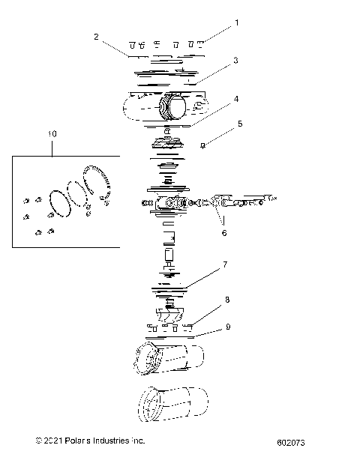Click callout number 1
237,22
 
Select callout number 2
96,35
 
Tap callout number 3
235,61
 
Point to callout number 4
235,98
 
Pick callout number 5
240,125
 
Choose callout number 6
223,233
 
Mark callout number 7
223,264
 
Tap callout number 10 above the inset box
52,133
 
